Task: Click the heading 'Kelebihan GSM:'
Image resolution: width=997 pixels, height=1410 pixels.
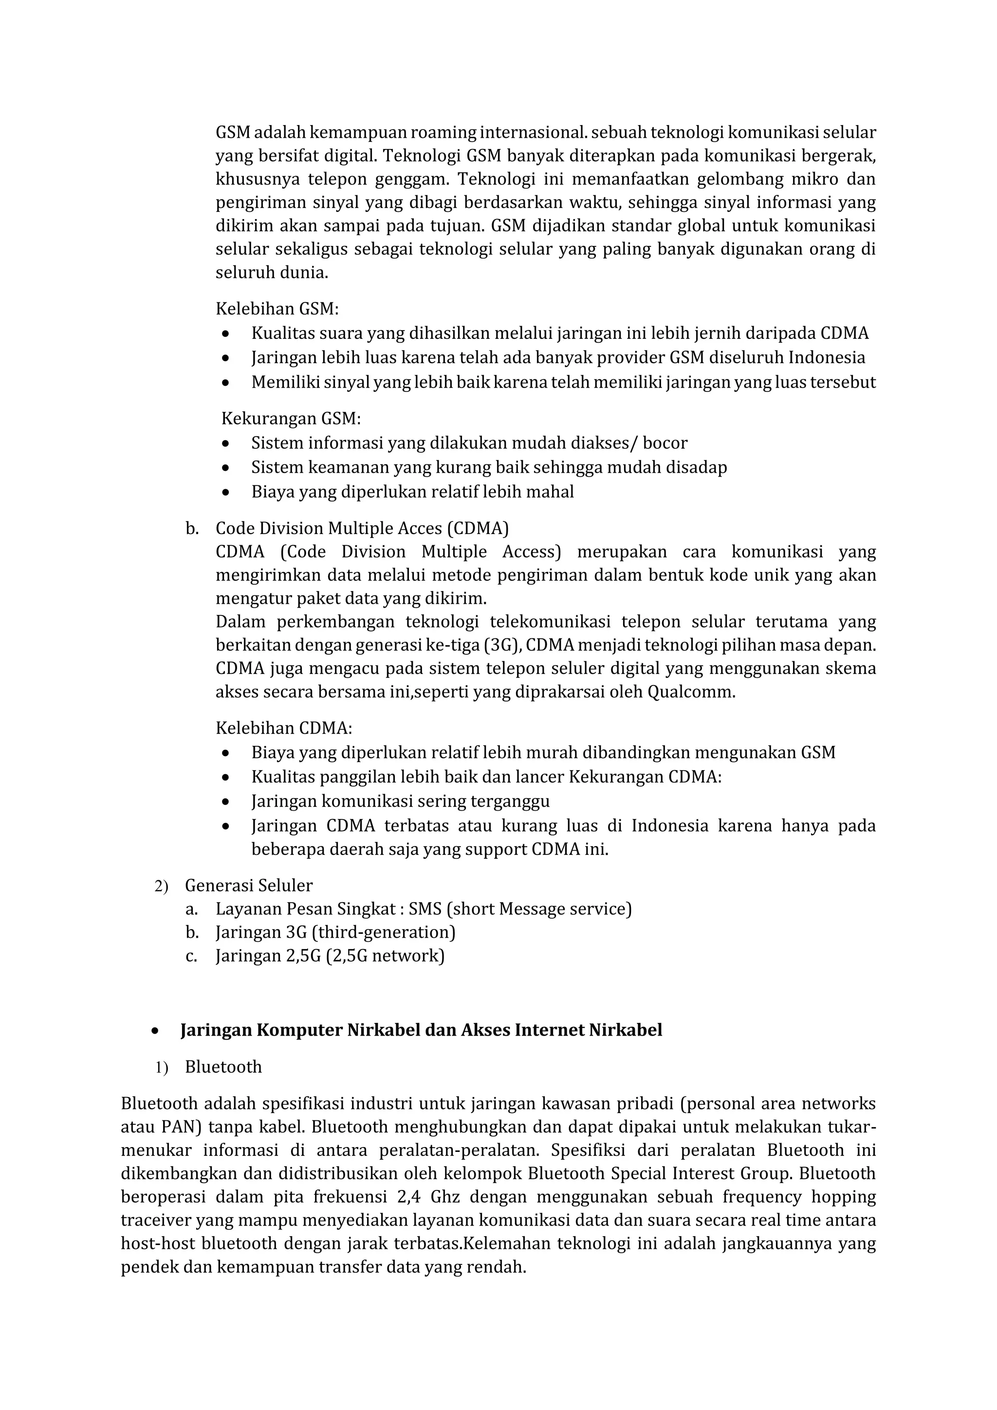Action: pos(277,308)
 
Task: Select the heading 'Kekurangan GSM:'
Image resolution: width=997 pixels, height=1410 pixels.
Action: pos(291,419)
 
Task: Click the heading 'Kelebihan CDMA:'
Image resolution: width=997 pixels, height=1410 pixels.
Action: pos(284,728)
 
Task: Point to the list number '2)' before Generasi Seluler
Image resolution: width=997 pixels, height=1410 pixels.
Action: pos(161,886)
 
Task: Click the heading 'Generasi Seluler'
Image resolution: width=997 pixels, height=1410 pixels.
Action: pos(249,886)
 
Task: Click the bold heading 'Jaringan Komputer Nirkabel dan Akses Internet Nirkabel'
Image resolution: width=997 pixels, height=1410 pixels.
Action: pos(421,1030)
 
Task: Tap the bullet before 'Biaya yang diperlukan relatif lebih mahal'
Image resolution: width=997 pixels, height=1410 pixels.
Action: pos(226,492)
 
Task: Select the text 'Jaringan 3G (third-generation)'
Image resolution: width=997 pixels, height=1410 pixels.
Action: pos(335,932)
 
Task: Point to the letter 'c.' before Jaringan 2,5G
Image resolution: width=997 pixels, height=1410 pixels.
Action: pos(191,956)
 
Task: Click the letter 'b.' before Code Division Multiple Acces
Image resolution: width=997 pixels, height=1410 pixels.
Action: pos(191,529)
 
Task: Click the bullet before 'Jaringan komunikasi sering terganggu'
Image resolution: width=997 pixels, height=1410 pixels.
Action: pos(226,802)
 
